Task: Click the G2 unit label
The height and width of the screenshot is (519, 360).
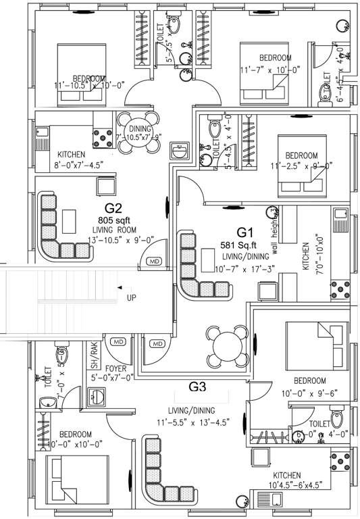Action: coord(113,208)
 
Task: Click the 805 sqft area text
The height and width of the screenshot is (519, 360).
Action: coord(113,220)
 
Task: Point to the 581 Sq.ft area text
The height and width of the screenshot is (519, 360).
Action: coord(237,245)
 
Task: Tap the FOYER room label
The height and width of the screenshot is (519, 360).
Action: coord(118,368)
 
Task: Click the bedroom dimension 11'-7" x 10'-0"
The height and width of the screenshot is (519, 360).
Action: coord(271,69)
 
